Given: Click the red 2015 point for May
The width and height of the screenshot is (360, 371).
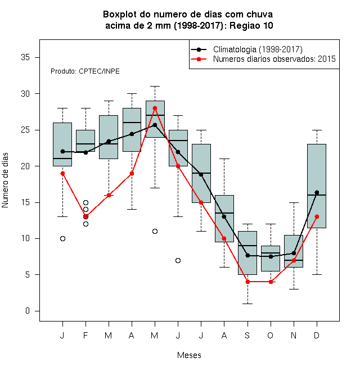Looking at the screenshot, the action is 155,108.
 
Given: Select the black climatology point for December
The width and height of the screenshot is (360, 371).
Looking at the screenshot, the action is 317,192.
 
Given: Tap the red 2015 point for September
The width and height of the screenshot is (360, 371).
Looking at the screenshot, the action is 247,282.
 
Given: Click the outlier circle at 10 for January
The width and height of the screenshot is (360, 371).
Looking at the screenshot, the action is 63,238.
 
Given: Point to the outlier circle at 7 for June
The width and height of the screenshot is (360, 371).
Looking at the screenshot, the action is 178,260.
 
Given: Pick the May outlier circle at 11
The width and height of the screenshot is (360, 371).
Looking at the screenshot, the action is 155,231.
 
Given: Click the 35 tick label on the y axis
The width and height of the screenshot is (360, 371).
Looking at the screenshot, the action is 25,57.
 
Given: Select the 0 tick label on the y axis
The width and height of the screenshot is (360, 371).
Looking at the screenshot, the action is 28,311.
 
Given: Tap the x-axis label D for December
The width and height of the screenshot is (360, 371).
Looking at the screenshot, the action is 317,335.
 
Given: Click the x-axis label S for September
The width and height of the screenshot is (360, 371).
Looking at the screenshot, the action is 247,335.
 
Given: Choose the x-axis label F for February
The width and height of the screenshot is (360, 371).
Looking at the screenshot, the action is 85,335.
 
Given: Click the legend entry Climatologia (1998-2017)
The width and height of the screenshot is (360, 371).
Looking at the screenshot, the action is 258,49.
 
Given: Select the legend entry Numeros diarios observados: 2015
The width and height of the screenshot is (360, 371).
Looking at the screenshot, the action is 274,59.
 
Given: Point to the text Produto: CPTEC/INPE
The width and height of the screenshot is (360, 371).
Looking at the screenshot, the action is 85,71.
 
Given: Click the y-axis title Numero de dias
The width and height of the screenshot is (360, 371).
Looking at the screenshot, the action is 5,180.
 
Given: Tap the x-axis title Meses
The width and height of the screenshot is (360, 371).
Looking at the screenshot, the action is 189,355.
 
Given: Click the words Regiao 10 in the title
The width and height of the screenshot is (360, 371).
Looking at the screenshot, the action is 251,25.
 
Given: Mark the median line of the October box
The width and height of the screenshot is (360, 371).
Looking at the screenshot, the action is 271,253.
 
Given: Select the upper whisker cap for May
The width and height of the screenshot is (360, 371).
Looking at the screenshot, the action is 155,87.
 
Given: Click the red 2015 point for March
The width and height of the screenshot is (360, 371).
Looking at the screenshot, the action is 109,195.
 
